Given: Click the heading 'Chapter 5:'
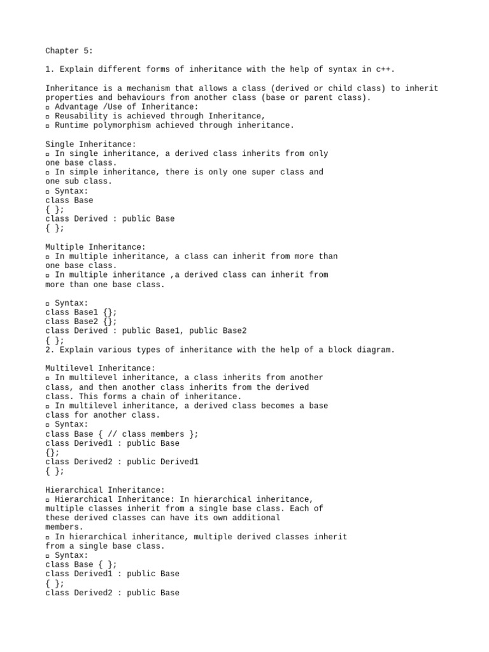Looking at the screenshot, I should [69, 51].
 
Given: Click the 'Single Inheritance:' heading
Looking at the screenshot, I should [90, 145].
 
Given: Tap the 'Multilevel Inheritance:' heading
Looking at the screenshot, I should [100, 368].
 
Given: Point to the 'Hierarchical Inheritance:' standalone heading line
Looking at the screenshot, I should [105, 490].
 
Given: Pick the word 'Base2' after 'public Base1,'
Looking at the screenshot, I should [234, 330].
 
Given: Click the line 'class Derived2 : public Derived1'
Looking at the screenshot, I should [122, 462].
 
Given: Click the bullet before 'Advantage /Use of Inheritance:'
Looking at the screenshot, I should [48, 107].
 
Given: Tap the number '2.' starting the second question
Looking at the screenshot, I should [50, 350].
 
